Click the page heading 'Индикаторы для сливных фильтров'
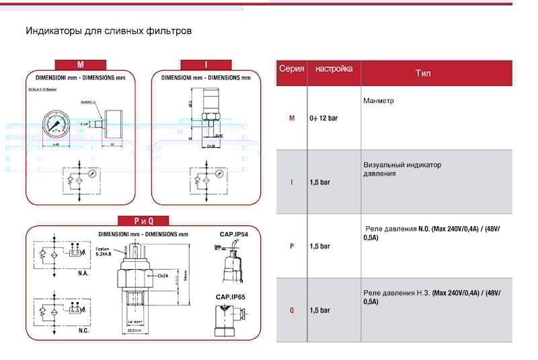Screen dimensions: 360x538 pyautogui.click(x=109, y=31)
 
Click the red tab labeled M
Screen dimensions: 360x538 pyautogui.click(x=80, y=65)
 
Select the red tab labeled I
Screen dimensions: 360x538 pyautogui.click(x=206, y=65)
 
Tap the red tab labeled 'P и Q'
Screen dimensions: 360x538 pyautogui.click(x=143, y=221)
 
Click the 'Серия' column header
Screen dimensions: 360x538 pyautogui.click(x=291, y=69)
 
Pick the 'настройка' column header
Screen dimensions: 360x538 pyautogui.click(x=334, y=69)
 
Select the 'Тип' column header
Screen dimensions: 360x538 pyautogui.click(x=423, y=73)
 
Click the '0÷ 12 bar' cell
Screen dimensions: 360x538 pyautogui.click(x=323, y=118)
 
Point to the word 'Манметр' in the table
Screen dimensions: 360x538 pyautogui.click(x=379, y=101)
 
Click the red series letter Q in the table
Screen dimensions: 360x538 pyautogui.click(x=292, y=310)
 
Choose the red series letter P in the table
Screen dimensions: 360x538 pyautogui.click(x=292, y=246)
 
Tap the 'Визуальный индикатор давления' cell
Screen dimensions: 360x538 pyautogui.click(x=402, y=169)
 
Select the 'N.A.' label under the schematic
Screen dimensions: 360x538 pyautogui.click(x=83, y=275)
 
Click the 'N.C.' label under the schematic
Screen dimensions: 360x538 pyautogui.click(x=83, y=331)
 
